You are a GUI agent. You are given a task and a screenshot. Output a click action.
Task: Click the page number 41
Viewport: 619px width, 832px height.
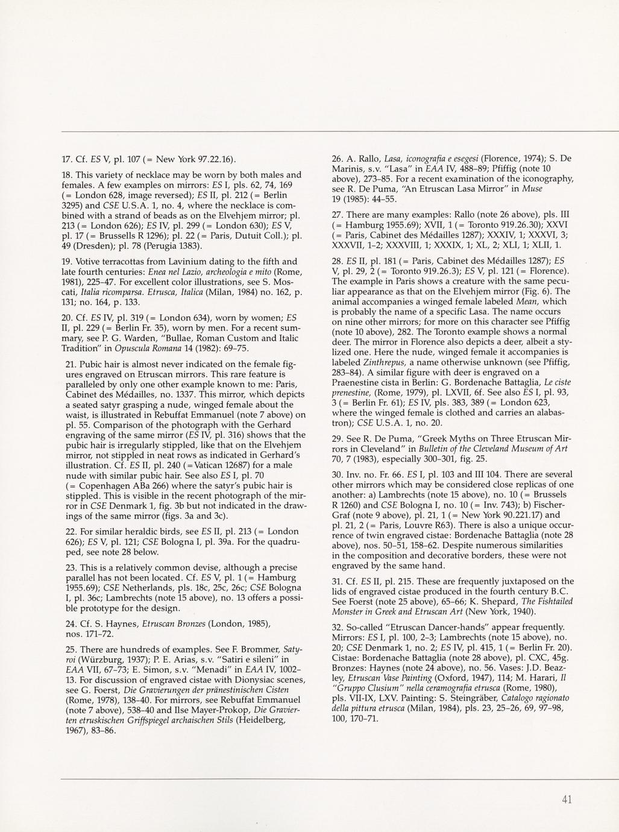pos(566,800)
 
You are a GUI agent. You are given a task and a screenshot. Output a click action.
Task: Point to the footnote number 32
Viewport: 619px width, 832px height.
pos(337,627)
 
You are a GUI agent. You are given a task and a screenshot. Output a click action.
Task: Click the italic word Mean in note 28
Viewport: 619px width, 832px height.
pos(528,301)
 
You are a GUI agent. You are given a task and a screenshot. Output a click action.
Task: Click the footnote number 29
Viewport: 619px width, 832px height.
pos(337,439)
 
